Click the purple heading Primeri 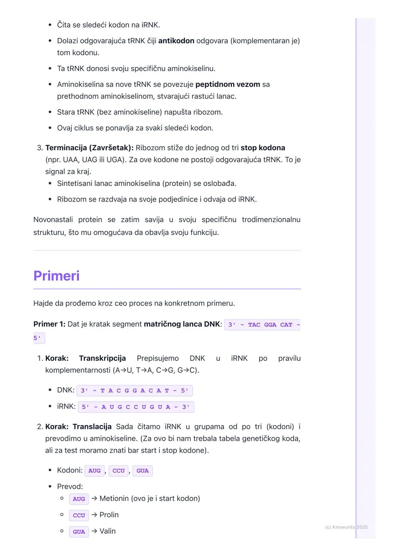click(56, 276)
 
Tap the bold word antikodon click(176, 41)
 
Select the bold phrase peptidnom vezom click(227, 84)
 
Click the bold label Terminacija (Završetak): click(89, 148)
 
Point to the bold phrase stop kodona click(263, 148)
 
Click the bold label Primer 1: click(49, 324)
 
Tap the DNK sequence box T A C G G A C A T click(134, 390)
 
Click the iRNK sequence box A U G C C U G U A click(136, 407)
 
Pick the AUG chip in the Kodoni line click(94, 470)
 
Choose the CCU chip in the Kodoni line click(118, 470)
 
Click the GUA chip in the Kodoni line click(142, 470)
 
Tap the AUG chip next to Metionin click(79, 499)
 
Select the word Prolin click(109, 515)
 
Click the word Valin click(107, 531)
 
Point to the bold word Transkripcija click(102, 358)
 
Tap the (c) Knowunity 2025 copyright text click(346, 527)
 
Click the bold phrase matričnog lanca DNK click(182, 324)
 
